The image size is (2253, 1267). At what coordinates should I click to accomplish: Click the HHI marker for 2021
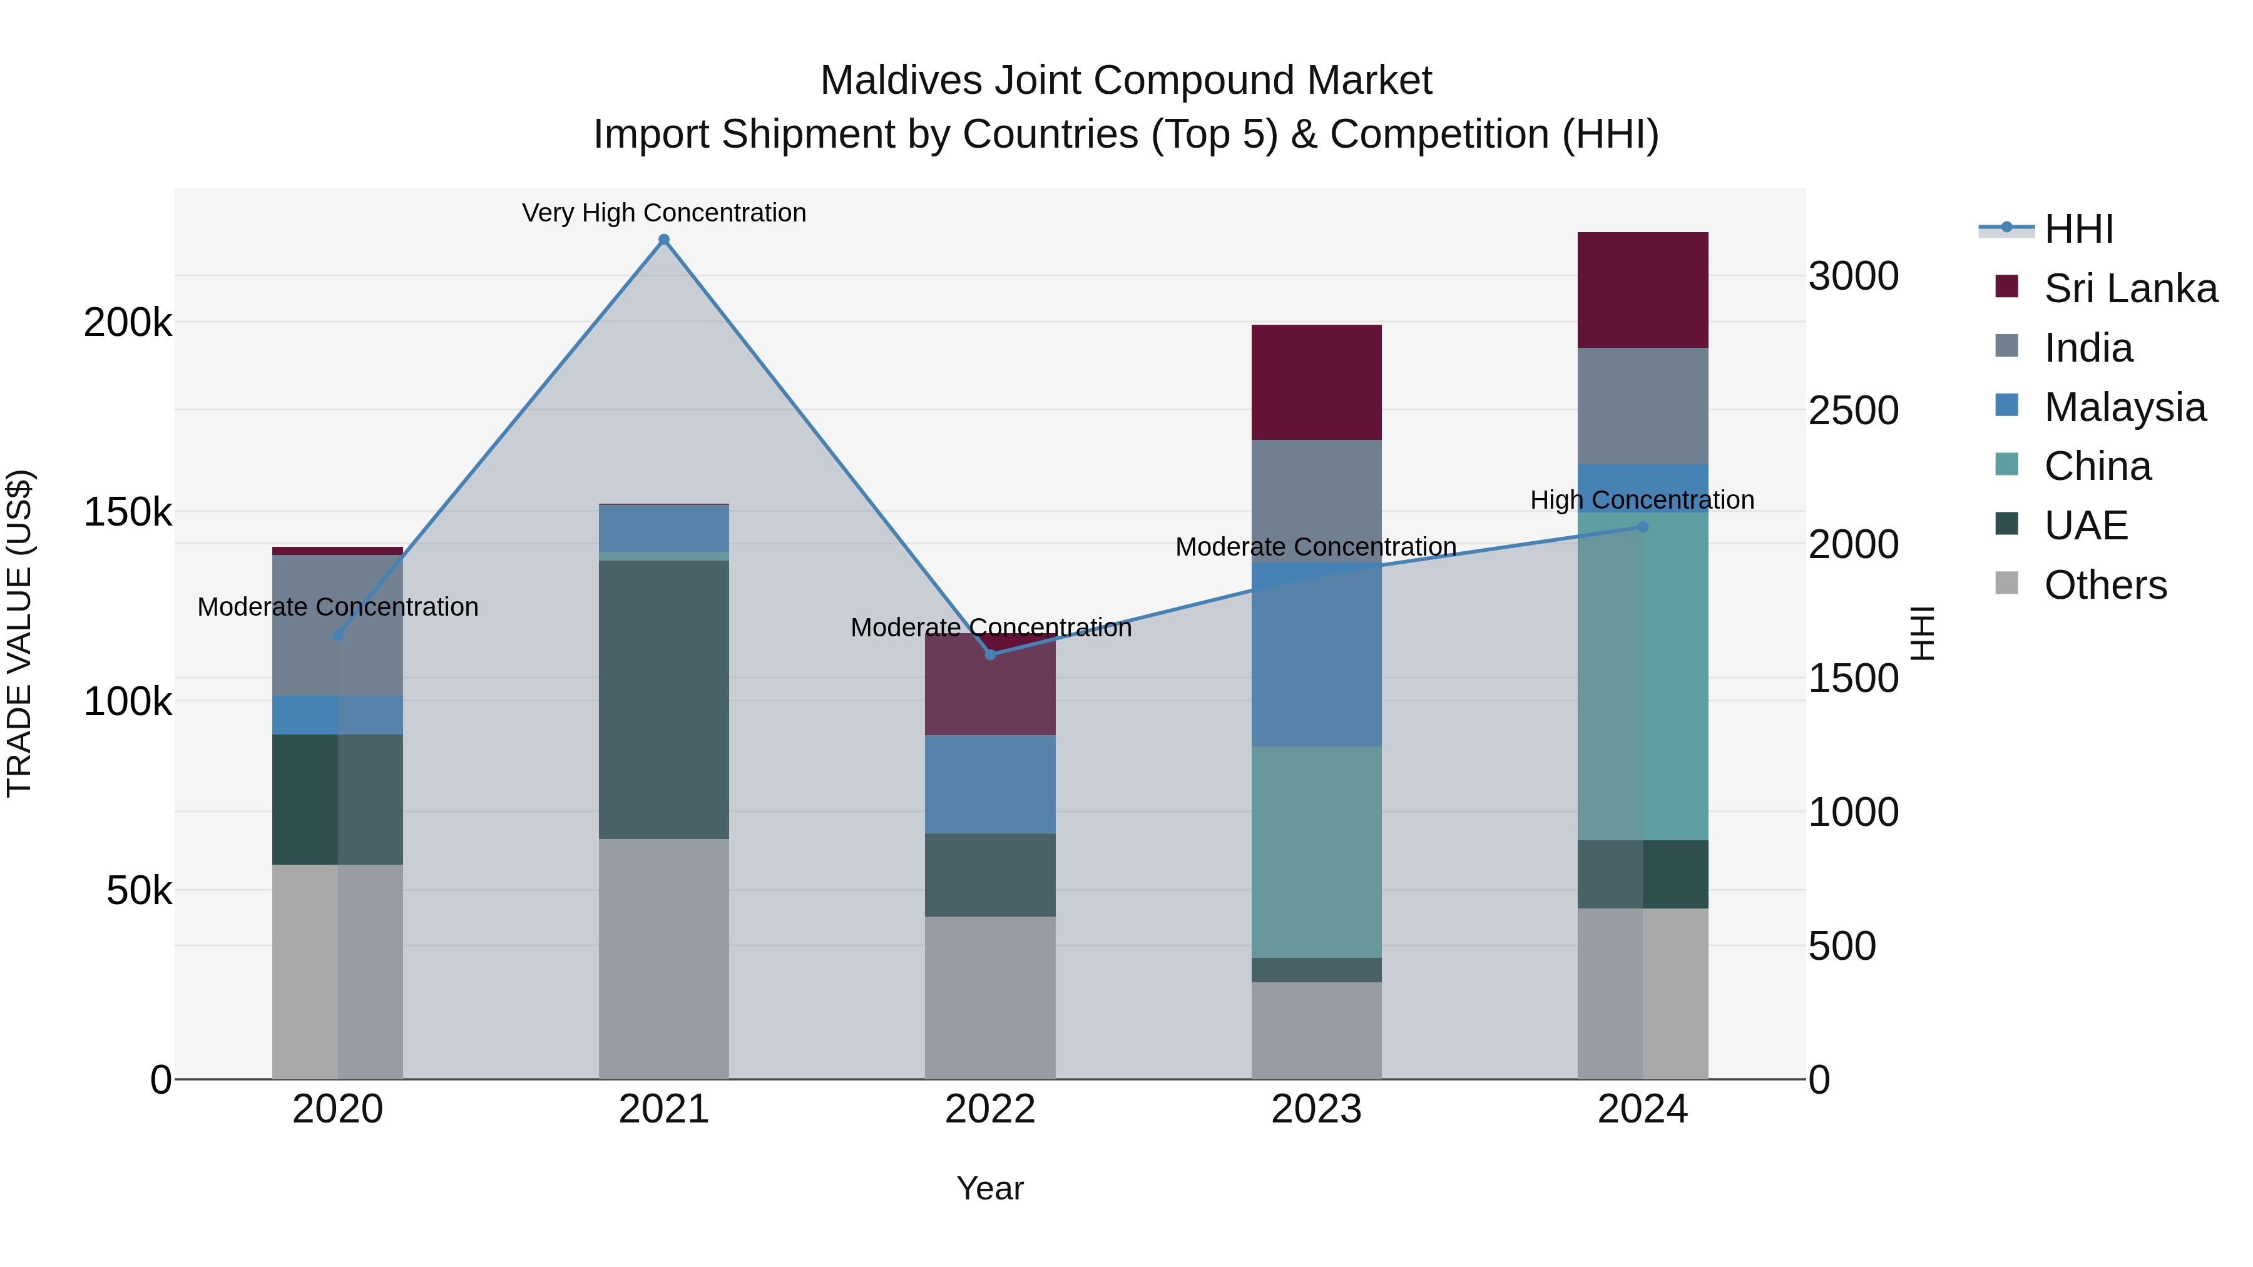(x=664, y=240)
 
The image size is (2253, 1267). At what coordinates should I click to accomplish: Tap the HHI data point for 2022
(x=990, y=654)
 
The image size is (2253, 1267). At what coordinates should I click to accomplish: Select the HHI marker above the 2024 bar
(x=1643, y=527)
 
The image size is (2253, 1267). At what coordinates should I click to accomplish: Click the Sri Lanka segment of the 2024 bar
(x=1643, y=290)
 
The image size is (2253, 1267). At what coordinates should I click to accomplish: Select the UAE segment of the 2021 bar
(x=664, y=699)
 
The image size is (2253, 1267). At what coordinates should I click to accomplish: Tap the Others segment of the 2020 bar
(x=337, y=970)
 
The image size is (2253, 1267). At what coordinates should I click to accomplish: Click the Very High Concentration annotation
(x=664, y=213)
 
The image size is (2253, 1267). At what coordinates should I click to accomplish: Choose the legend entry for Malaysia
(x=2125, y=407)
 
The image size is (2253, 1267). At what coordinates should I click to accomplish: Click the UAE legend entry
(x=2085, y=526)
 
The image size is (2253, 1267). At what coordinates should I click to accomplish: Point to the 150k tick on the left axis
(x=128, y=512)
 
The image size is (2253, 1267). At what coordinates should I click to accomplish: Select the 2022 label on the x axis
(x=990, y=1109)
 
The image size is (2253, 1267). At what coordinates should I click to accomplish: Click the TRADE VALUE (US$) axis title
(x=19, y=633)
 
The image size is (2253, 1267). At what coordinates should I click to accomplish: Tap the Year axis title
(x=990, y=1188)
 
